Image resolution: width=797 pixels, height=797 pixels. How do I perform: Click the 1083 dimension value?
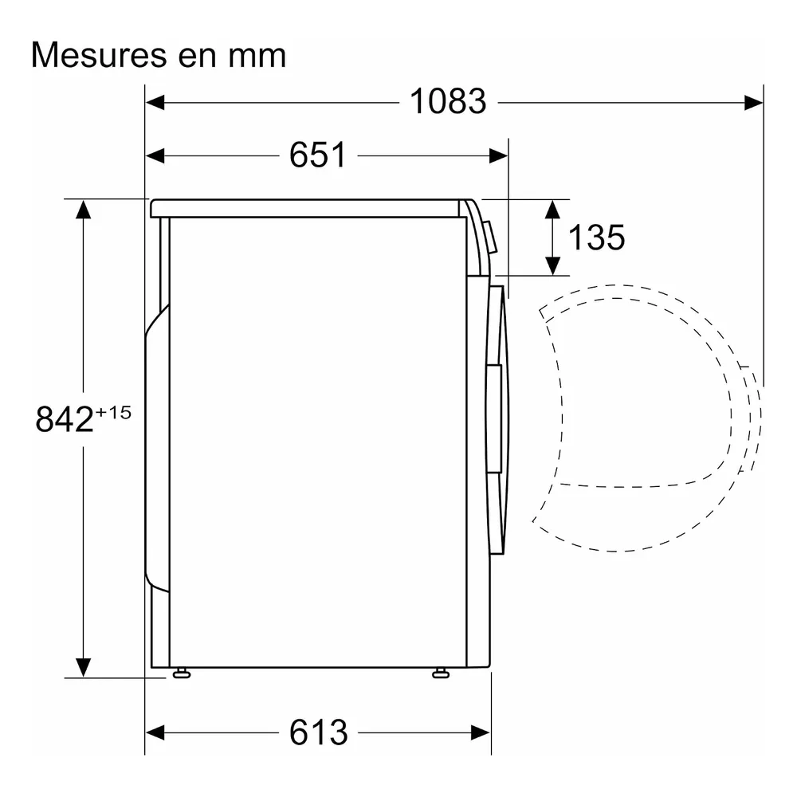(448, 102)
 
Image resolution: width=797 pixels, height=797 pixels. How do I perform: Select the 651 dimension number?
(318, 155)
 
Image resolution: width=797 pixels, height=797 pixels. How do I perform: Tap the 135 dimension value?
(596, 238)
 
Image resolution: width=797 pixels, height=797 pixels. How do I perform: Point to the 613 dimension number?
(318, 732)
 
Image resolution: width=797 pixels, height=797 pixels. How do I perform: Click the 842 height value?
(65, 419)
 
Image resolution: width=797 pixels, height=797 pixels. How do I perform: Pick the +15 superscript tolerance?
(113, 412)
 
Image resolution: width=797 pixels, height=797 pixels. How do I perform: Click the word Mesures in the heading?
(99, 55)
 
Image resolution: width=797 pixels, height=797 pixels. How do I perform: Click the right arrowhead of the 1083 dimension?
(753, 102)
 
